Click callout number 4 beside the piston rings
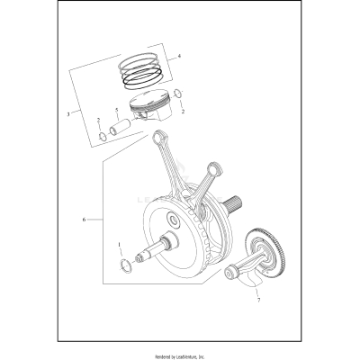click(x=179, y=57)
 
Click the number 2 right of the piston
click(x=184, y=112)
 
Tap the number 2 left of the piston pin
click(x=98, y=119)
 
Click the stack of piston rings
click(x=141, y=73)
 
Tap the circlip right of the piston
click(x=178, y=97)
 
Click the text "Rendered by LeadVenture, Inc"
click(x=180, y=348)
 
